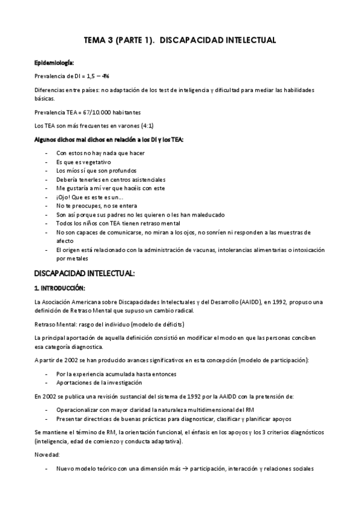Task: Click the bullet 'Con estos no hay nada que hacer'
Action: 100,153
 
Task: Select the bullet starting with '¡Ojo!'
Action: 90,197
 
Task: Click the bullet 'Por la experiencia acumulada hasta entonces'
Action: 116,373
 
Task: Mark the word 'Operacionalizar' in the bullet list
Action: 77,410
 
